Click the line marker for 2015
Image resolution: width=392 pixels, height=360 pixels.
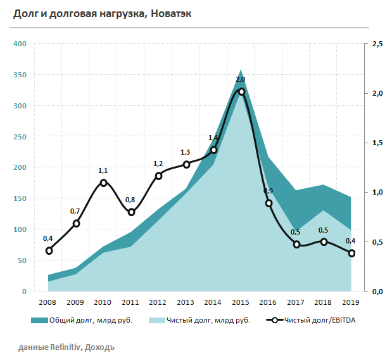[x=241, y=91]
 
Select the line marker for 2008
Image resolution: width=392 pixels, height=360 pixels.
[x=49, y=250]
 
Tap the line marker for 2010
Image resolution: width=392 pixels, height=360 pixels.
[x=104, y=183]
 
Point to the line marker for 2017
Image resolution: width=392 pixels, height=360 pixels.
[x=296, y=244]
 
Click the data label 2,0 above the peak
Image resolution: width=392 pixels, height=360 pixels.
[x=240, y=79]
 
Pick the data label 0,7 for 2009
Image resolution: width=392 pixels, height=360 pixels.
[x=75, y=211]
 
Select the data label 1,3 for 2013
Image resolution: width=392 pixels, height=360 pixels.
[x=185, y=152]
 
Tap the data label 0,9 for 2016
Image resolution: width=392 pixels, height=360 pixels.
[x=268, y=191]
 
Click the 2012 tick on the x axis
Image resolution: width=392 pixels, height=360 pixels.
[x=158, y=302]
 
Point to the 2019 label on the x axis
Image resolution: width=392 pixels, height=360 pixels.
[x=351, y=302]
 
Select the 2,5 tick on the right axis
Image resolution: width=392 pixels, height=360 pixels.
[x=377, y=44]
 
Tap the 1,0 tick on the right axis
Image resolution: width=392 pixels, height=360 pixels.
[x=377, y=192]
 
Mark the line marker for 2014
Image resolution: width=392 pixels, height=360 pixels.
[x=213, y=150]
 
